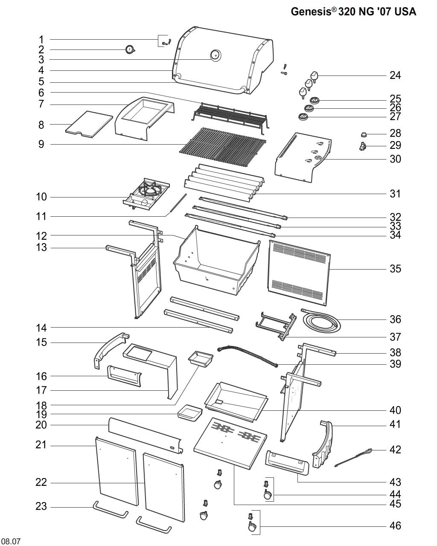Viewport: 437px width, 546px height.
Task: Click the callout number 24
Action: [x=395, y=76]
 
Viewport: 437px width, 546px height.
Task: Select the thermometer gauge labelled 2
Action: [x=130, y=50]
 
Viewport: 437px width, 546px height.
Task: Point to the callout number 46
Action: [x=395, y=526]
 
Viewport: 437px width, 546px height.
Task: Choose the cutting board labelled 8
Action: [x=89, y=124]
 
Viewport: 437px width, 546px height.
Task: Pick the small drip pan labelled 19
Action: [x=190, y=412]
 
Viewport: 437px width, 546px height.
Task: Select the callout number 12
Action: [x=41, y=235]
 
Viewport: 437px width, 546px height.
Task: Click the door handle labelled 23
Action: [x=110, y=510]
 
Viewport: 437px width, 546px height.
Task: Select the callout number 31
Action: [x=395, y=194]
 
